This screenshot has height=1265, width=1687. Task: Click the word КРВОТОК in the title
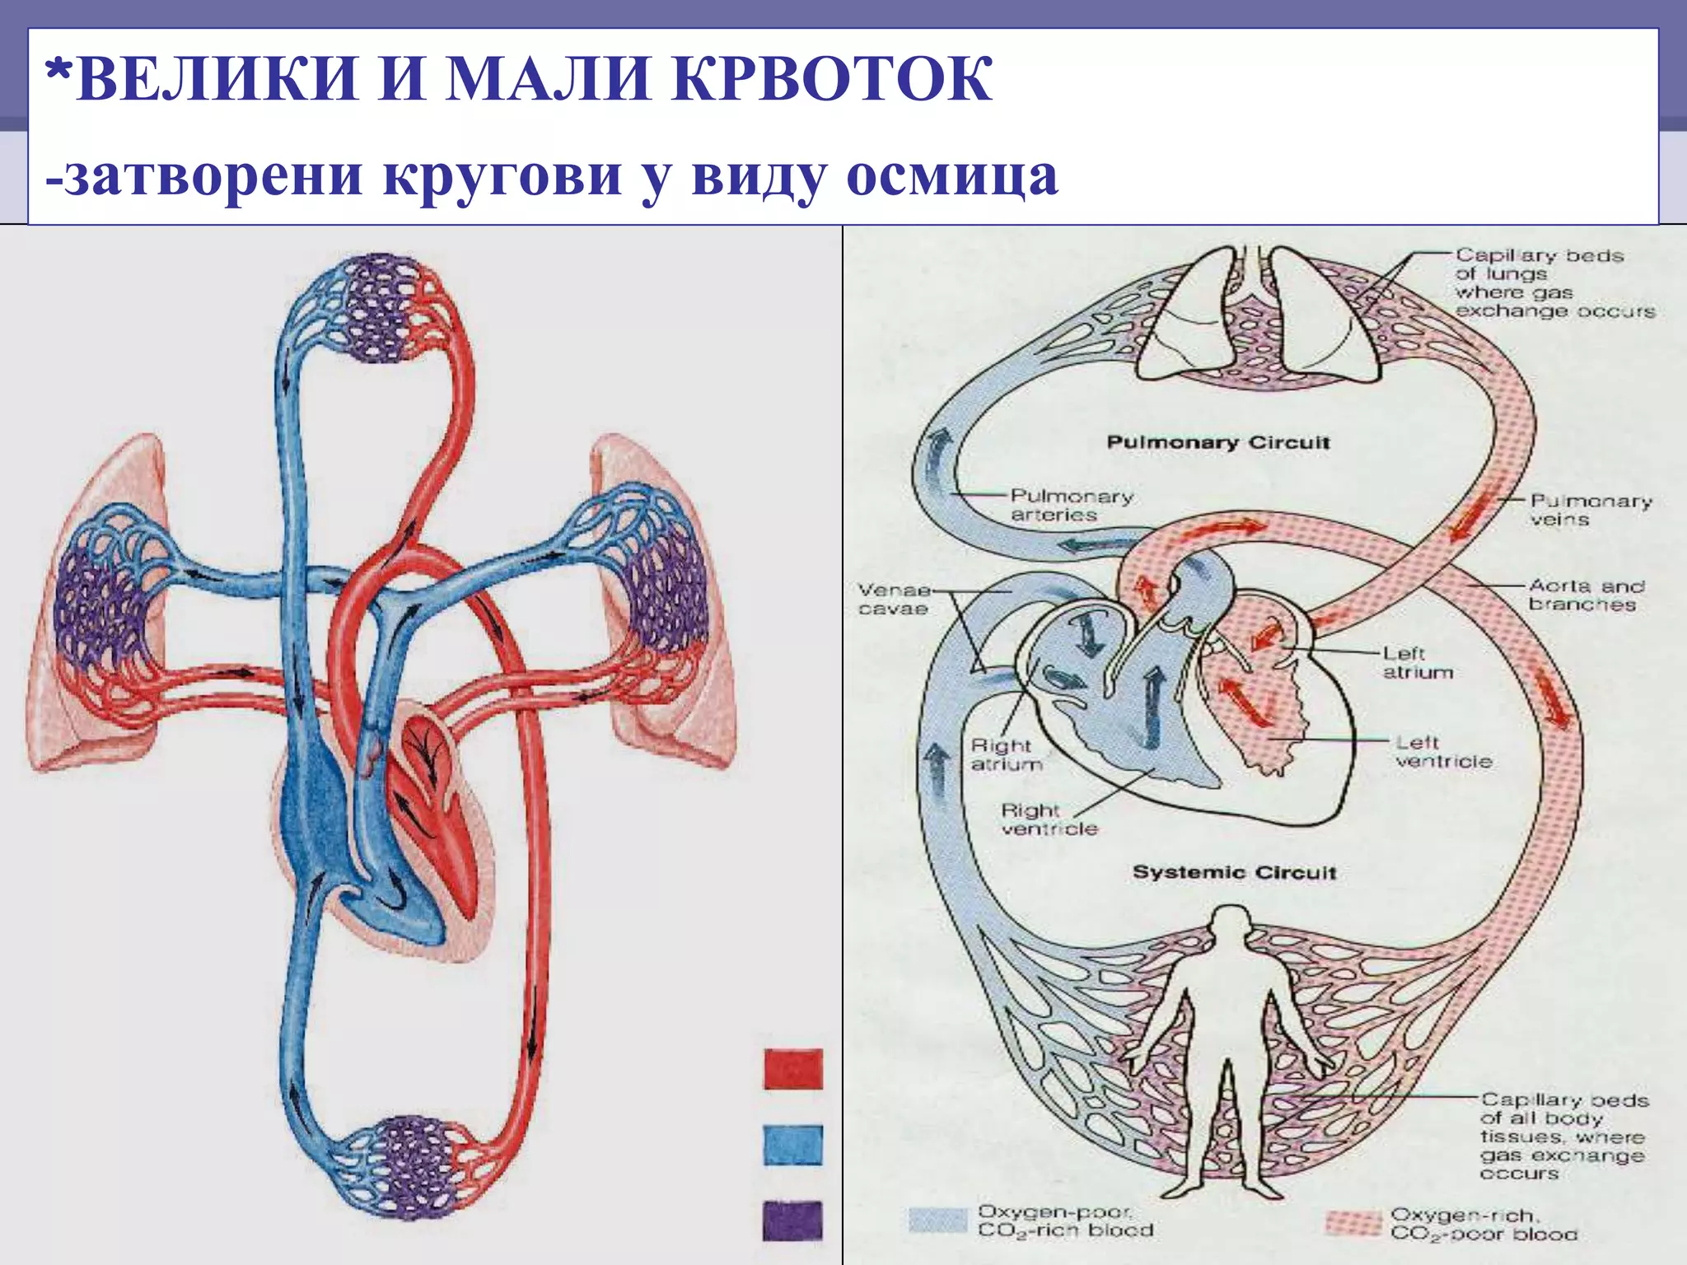point(832,80)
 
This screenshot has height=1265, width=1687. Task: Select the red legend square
point(792,1069)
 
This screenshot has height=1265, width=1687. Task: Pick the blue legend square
point(792,1146)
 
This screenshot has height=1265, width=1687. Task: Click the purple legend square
point(792,1221)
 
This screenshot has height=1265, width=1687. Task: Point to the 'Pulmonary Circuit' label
point(1217,442)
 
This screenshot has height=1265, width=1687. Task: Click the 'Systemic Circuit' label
point(1234,872)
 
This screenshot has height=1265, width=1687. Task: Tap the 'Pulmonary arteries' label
point(1071,506)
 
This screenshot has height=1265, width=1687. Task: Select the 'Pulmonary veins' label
point(1590,510)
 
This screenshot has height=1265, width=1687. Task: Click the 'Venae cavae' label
point(894,600)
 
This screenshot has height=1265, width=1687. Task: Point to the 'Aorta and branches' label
point(1586,595)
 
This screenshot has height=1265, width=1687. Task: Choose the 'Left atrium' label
point(1417,663)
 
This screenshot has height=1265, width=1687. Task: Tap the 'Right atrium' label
point(1005,754)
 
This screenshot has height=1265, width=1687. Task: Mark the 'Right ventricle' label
point(1049,819)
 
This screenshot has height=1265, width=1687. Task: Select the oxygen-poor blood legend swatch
point(938,1221)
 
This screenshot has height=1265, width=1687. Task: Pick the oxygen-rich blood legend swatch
point(1353,1223)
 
